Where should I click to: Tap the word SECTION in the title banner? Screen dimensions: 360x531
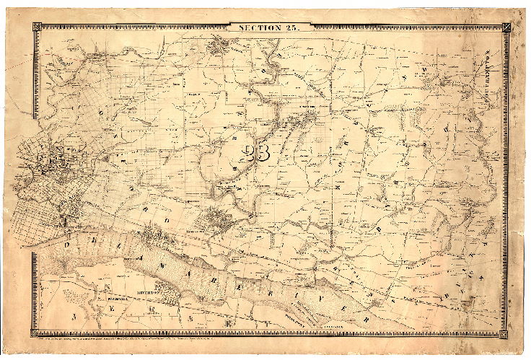(x=257, y=27)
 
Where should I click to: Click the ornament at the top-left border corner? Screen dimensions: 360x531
(x=36, y=28)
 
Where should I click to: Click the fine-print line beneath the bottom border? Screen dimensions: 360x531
(x=267, y=339)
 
